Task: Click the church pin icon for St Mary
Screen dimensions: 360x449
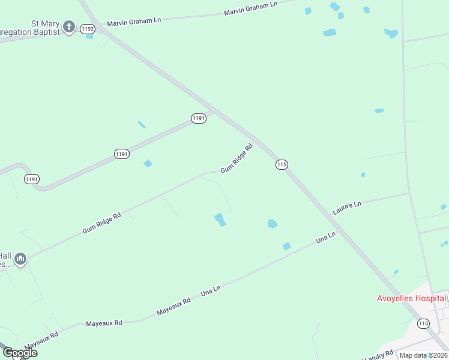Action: pos(69,27)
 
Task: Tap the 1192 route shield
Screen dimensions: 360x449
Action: pos(88,29)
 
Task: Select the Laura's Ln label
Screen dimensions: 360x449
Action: pos(347,208)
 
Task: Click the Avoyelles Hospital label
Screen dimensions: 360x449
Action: pos(411,298)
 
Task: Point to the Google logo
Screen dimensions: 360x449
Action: pos(20,353)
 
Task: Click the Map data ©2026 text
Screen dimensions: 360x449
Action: pos(423,355)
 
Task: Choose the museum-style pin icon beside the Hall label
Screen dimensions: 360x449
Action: pos(20,259)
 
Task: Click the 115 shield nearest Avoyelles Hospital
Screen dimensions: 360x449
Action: pos(424,323)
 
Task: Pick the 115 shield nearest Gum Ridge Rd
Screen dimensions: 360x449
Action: pos(282,164)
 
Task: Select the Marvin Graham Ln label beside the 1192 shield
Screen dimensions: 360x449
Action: pos(134,22)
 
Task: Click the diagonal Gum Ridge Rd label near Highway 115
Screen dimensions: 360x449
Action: pos(236,158)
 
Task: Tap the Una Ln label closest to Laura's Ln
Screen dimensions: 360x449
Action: pos(325,238)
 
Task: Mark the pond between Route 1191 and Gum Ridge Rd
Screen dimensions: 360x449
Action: pos(148,163)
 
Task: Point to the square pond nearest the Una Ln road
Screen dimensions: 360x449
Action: pos(286,246)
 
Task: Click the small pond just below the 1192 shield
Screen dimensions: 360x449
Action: pos(89,37)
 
